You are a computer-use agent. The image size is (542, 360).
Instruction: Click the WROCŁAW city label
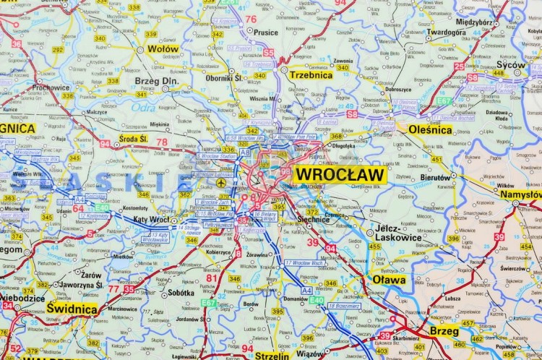click(340, 175)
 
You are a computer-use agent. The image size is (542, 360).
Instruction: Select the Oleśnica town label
click(430, 130)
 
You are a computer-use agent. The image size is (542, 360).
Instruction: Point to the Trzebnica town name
click(311, 74)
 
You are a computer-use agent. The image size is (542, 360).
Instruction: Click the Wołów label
click(163, 49)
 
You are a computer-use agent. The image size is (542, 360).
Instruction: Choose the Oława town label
click(389, 279)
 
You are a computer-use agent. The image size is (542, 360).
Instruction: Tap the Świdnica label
click(72, 309)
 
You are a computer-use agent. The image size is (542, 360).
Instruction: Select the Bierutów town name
click(435, 176)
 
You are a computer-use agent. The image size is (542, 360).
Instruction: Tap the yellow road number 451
click(436, 159)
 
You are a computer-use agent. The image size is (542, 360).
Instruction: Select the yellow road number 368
click(336, 136)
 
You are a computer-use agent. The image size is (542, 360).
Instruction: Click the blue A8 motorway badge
click(245, 153)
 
